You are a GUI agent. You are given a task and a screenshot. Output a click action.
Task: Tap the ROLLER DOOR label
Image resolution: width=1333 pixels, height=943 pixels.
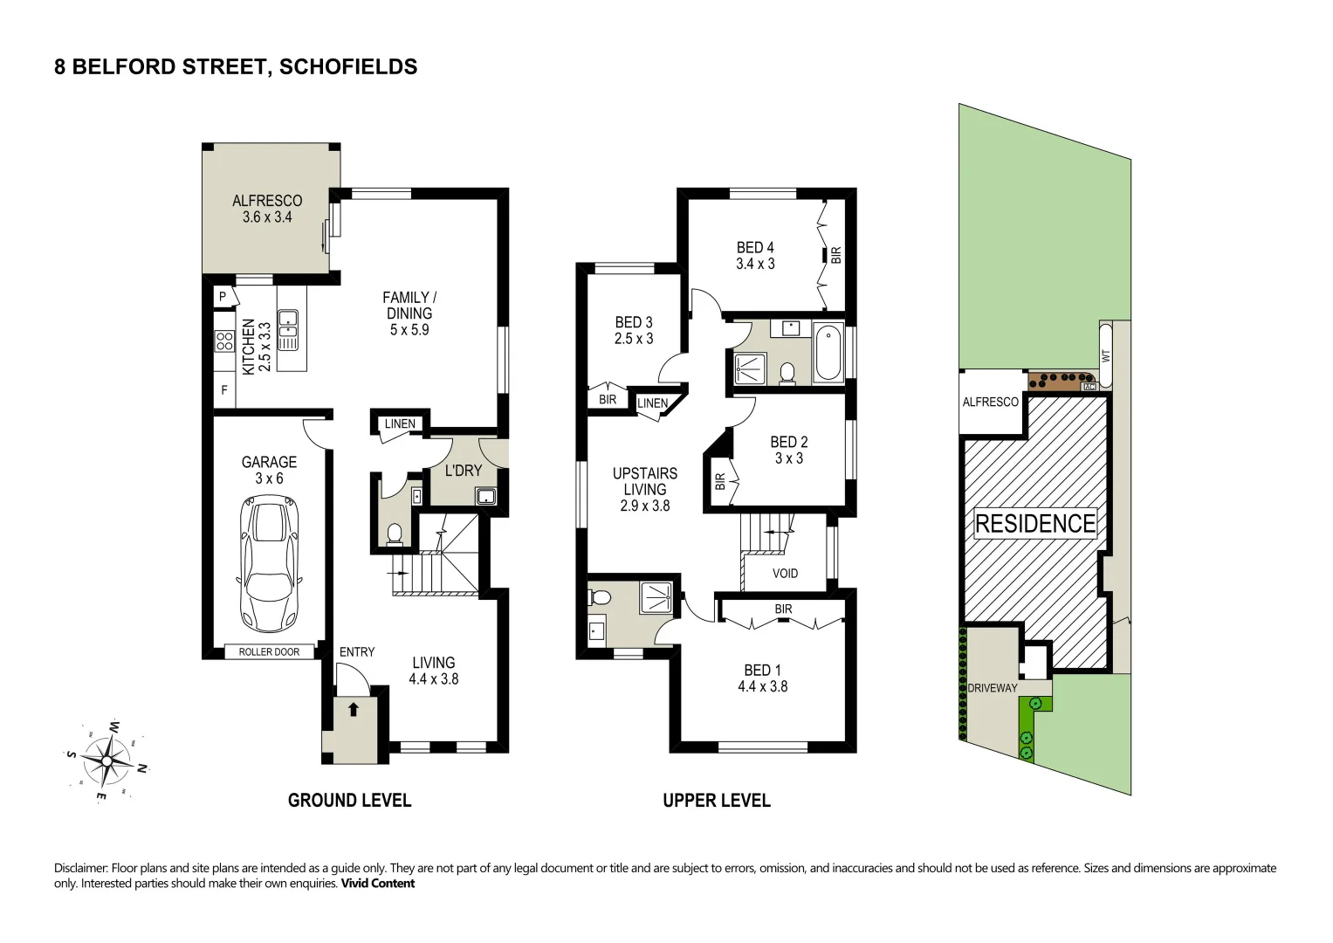coord(269,652)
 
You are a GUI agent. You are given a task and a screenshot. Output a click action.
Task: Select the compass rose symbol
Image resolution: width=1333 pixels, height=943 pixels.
coord(107,761)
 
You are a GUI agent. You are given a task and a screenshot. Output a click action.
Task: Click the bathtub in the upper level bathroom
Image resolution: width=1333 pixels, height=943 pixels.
coord(828,353)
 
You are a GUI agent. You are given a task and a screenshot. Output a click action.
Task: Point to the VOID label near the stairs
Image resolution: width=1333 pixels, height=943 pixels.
coord(785,574)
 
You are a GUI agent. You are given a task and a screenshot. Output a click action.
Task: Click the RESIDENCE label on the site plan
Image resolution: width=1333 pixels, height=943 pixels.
coord(1035,523)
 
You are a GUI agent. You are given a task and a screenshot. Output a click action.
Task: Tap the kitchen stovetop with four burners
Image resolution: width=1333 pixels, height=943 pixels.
coord(225,341)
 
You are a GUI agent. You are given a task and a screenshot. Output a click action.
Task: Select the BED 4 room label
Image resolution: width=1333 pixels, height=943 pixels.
coord(755,247)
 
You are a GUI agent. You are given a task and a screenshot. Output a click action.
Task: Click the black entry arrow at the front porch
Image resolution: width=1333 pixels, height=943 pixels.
coord(354,709)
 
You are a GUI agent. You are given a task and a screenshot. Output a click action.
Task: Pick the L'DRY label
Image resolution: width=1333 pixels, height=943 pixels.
coord(463,471)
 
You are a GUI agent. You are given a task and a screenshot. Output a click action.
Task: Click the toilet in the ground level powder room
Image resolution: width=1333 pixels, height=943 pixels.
coord(394,534)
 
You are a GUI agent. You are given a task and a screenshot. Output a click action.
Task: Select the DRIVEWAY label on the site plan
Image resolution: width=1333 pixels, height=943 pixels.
coord(992,688)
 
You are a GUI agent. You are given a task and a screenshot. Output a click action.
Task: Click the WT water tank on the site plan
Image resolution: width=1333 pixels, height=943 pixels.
coord(1106,355)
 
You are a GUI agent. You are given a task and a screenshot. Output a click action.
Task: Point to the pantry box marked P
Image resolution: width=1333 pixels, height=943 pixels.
coord(224,297)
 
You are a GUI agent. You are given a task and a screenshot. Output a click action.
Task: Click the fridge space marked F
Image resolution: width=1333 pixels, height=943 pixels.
coord(224,390)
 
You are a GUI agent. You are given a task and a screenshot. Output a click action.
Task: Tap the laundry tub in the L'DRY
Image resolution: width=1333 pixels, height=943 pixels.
coord(485,496)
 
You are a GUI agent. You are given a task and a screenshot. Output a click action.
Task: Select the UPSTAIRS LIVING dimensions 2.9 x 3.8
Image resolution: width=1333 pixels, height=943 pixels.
coord(645,506)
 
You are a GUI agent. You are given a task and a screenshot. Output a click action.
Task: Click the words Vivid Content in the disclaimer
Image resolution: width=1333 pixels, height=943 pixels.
coord(377,883)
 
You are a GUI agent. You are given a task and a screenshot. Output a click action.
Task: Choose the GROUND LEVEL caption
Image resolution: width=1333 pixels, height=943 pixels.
coord(349,800)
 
